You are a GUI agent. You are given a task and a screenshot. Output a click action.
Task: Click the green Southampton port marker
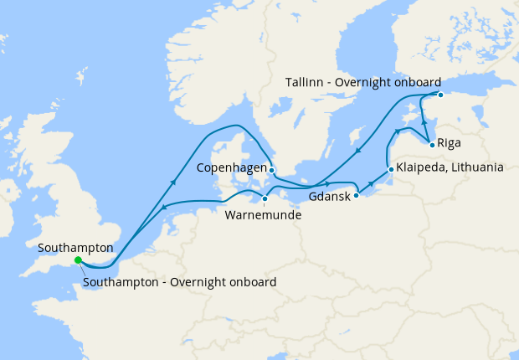(x=77, y=260)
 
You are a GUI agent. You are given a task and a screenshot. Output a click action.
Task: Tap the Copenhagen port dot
(x=272, y=169)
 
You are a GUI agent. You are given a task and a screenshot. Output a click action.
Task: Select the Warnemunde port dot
(x=265, y=199)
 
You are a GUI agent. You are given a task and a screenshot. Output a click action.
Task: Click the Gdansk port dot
(x=357, y=195)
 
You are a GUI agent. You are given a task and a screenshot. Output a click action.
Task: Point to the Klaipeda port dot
(x=391, y=170)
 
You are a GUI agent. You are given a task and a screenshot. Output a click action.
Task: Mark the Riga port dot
(x=431, y=145)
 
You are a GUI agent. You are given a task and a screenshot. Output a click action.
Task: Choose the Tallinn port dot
(x=439, y=94)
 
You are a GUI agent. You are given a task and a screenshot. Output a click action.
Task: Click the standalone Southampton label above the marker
(x=75, y=248)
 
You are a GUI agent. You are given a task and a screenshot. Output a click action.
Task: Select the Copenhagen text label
(x=231, y=168)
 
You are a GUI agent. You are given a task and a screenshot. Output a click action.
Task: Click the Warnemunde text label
(x=264, y=214)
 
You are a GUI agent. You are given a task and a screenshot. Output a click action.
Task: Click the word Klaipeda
(x=422, y=168)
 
